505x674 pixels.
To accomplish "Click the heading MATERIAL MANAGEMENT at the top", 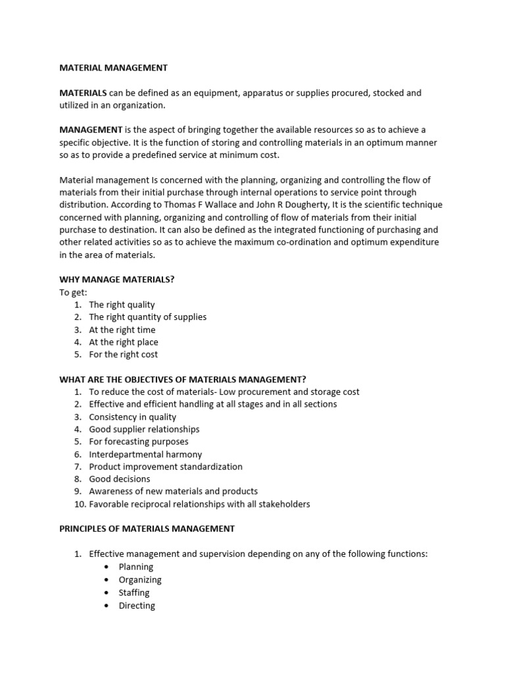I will click(113, 68).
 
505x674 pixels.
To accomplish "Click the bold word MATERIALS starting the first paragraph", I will click(83, 93).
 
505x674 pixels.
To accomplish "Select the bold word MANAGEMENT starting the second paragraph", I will click(91, 130).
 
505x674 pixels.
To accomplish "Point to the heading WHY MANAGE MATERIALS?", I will click(116, 279).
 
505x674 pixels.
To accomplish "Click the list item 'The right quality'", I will click(122, 305).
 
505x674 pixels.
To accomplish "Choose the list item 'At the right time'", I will click(122, 330).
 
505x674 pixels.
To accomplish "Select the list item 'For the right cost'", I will click(123, 354).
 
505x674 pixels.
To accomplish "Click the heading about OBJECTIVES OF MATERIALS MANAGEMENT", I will click(183, 379).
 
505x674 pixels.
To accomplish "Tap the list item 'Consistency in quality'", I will click(133, 417).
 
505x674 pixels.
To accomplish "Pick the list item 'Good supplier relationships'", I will click(144, 429).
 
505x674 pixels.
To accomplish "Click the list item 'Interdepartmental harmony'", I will click(145, 454).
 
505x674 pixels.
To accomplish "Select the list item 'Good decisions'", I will click(120, 479).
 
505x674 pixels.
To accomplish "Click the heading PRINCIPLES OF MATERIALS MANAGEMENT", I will click(147, 529).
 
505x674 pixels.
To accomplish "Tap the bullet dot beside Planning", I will click(106, 567).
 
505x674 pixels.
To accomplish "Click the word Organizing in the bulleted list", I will click(140, 580).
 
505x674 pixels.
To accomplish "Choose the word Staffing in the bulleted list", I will click(134, 592).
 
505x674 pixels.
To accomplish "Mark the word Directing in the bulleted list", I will click(137, 606).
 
